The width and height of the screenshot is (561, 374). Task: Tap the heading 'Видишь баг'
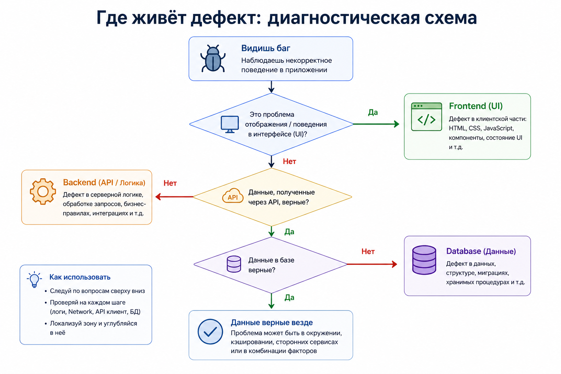pyautogui.click(x=266, y=48)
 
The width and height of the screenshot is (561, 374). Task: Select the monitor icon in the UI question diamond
pyautogui.click(x=230, y=124)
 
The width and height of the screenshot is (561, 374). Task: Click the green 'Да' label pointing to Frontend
pyautogui.click(x=373, y=112)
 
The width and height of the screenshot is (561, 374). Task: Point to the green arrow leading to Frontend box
pyautogui.click(x=376, y=124)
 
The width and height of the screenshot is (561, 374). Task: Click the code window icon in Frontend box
pyautogui.click(x=426, y=117)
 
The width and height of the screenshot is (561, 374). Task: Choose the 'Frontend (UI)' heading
pyautogui.click(x=476, y=106)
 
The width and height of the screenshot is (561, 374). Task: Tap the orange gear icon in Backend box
pyautogui.click(x=43, y=191)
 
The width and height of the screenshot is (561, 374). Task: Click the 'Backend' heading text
pyautogui.click(x=80, y=182)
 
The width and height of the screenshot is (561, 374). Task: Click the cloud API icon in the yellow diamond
pyautogui.click(x=233, y=196)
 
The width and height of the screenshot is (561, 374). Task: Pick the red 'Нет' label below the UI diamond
pyautogui.click(x=290, y=161)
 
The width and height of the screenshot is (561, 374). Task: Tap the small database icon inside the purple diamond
pyautogui.click(x=234, y=264)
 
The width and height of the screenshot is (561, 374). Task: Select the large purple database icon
pyautogui.click(x=424, y=260)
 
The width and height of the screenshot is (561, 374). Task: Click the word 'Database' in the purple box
pyautogui.click(x=463, y=251)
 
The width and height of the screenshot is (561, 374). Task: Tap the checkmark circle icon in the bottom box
pyautogui.click(x=210, y=332)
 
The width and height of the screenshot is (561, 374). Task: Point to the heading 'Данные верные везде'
pyautogui.click(x=272, y=323)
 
